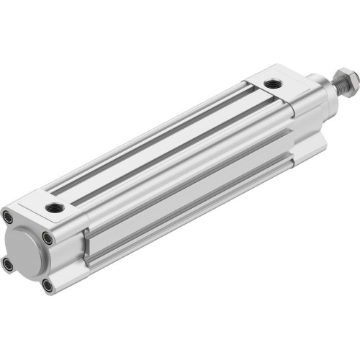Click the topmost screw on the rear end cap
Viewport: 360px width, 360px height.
click(7, 216)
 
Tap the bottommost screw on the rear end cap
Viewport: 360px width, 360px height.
click(48, 286)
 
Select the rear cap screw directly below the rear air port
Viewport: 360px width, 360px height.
click(47, 237)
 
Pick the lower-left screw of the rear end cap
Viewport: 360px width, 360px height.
click(8, 264)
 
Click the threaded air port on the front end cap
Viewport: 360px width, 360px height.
click(272, 85)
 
